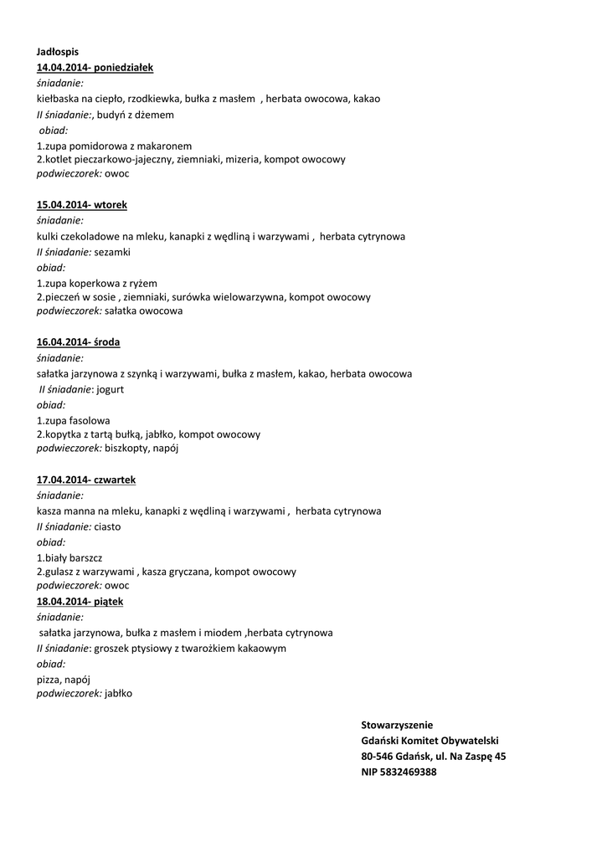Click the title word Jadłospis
click(x=58, y=52)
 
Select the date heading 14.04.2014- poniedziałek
click(x=95, y=67)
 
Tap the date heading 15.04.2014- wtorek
click(x=82, y=204)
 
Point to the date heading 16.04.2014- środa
click(x=78, y=341)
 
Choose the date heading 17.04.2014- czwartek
click(x=86, y=480)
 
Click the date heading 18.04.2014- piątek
click(x=80, y=601)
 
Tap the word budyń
click(x=111, y=115)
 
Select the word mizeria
click(x=244, y=159)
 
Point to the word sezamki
click(x=112, y=252)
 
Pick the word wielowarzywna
click(x=248, y=296)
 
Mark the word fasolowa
click(x=90, y=420)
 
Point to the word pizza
click(x=49, y=679)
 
